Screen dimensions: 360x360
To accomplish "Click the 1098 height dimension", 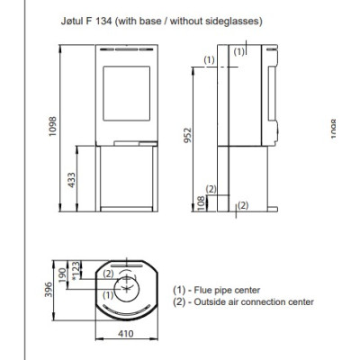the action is tap(53, 126).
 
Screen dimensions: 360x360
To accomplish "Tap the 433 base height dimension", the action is tap(71, 180).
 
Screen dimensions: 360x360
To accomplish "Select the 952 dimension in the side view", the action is tap(187, 135).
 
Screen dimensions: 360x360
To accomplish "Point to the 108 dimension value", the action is tap(202, 203).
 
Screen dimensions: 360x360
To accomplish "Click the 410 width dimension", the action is tap(126, 333).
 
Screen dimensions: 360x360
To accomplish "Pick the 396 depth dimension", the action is tap(49, 290).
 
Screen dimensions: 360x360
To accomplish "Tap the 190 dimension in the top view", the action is tap(62, 275).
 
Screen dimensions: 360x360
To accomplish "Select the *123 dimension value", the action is tap(76, 271).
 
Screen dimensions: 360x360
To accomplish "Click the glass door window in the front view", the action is tap(127, 94).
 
